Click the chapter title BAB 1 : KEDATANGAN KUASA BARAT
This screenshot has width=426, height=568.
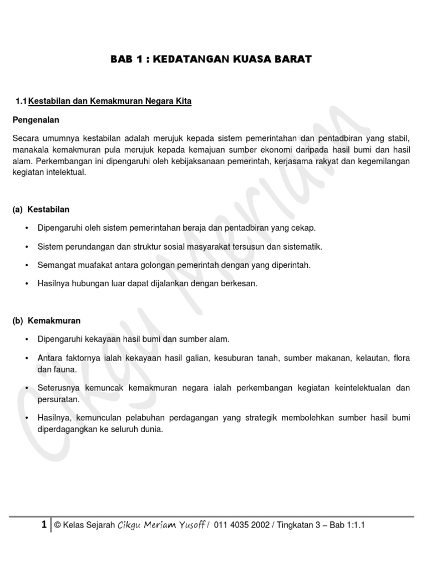tap(211, 59)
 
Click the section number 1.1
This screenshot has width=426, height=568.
tap(22, 101)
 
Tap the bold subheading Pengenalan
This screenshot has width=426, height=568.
tap(35, 120)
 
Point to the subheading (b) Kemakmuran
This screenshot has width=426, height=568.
tap(46, 321)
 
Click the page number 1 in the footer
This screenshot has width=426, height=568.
tap(44, 525)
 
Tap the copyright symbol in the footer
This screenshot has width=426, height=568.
tap(57, 525)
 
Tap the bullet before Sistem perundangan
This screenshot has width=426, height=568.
tap(26, 246)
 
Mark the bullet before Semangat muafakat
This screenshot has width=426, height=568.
tap(26, 265)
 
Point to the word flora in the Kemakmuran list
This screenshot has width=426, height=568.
tap(401, 358)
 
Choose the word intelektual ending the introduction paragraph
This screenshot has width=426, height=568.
tap(67, 173)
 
